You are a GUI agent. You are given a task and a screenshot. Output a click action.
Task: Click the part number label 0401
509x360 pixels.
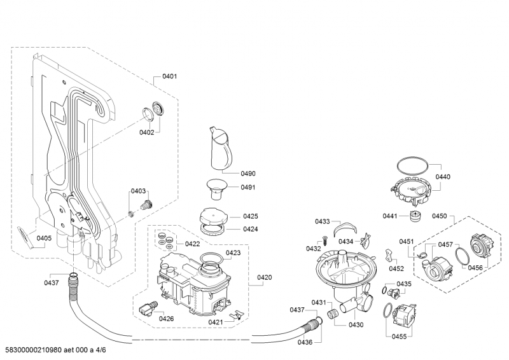tap(169, 76)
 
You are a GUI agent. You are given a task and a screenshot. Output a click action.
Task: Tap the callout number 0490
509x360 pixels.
tap(248, 174)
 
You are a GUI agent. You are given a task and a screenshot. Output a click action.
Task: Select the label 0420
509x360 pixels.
tap(264, 277)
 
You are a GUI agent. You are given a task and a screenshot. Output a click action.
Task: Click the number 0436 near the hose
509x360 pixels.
tap(305, 342)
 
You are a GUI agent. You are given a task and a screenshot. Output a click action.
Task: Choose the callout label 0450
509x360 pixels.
tap(440, 216)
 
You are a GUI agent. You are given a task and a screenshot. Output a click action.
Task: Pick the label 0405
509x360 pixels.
tap(44, 238)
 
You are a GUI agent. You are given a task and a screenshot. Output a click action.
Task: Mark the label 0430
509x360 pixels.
tap(356, 325)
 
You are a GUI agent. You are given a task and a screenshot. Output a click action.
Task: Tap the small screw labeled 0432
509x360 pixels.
tap(324, 240)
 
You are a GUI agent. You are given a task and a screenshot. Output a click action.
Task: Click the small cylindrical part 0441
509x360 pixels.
tap(417, 217)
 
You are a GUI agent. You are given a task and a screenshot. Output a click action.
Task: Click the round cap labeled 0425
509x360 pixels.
tap(212, 215)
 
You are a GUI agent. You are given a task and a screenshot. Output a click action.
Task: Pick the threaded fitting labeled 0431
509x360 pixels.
tap(332, 314)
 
